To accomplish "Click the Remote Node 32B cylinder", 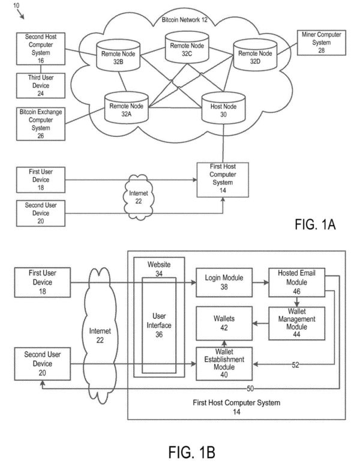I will (x=118, y=57).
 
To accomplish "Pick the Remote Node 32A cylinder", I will (x=126, y=109).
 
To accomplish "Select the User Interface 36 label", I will (x=159, y=324).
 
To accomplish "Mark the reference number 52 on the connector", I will (x=296, y=364).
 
